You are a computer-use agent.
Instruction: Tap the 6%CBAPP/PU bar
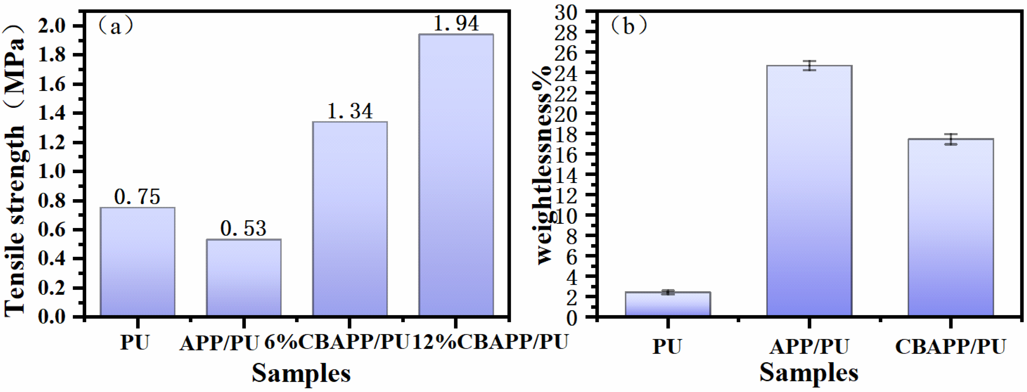pos(349,219)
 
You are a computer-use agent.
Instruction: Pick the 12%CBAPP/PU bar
pos(456,175)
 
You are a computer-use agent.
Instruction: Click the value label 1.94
pos(456,23)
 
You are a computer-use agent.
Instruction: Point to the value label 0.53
pos(243,229)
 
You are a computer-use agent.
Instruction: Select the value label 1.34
pos(349,111)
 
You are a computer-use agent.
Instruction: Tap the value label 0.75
pos(137,197)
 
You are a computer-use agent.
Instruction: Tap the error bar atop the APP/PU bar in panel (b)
pos(809,65)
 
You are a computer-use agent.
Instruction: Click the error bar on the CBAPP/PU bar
pos(951,139)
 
